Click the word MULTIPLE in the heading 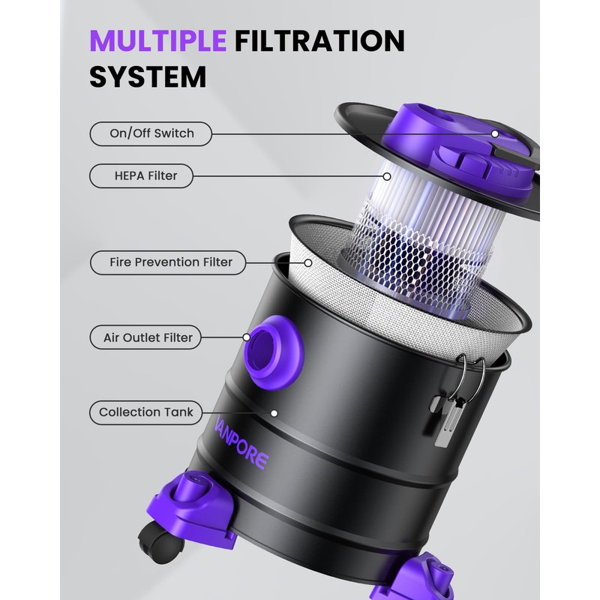tap(157, 40)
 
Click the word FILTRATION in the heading tap(320, 40)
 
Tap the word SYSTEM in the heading tap(148, 77)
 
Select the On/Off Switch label tap(151, 133)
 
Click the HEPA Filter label tap(141, 175)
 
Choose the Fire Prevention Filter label tap(168, 262)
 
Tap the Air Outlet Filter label tap(145, 337)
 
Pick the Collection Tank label tap(145, 412)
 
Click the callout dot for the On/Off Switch tap(495, 134)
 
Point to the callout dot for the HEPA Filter tap(387, 176)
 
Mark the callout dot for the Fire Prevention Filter tap(308, 263)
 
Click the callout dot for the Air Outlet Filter tap(247, 337)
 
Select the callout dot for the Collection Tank tap(274, 413)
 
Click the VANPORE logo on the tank tap(241, 444)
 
